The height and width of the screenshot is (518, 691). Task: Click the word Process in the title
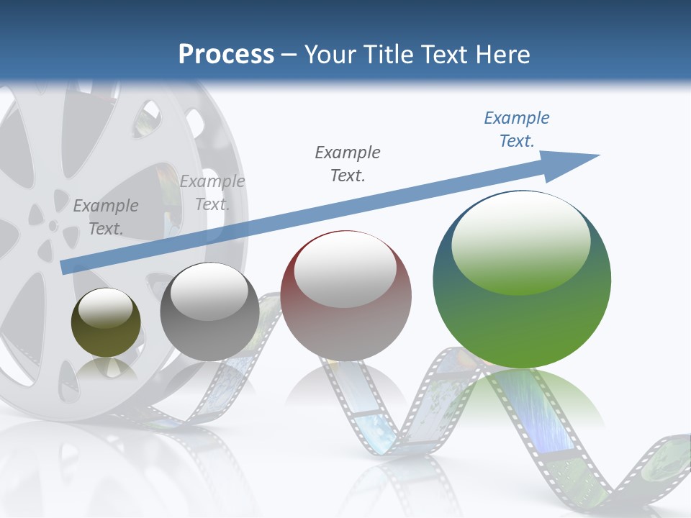[x=226, y=55]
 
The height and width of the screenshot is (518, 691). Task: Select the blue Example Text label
[x=517, y=129]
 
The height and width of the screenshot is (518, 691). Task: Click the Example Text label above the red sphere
[x=348, y=163]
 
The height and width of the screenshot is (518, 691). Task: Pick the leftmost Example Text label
[x=106, y=217]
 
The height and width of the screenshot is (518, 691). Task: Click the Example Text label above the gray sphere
[x=212, y=193]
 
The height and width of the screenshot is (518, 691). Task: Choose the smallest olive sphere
[x=106, y=331]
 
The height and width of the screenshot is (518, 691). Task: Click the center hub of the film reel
[x=53, y=226]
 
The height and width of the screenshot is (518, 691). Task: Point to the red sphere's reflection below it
[x=345, y=388]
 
